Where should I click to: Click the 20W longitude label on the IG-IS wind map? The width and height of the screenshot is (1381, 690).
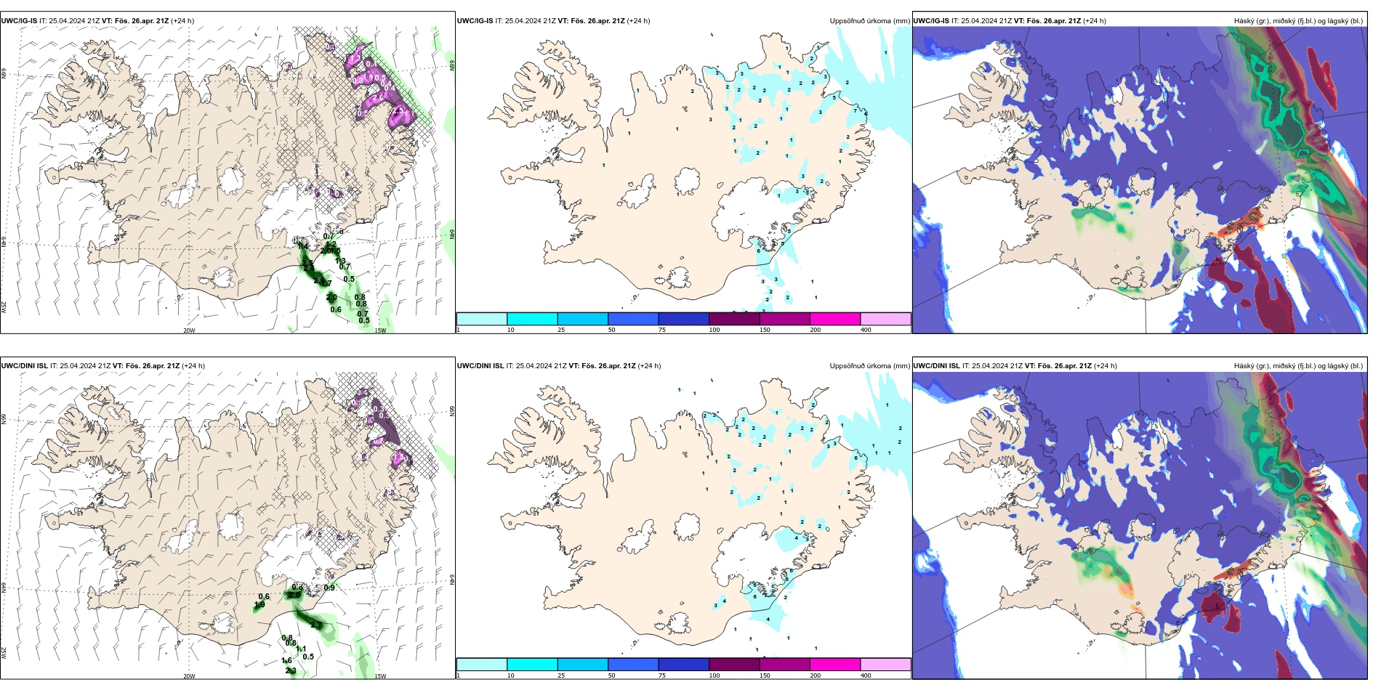[189, 330]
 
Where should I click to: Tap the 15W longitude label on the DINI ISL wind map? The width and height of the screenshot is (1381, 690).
[380, 676]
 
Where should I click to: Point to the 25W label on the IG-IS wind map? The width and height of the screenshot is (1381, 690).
[4, 307]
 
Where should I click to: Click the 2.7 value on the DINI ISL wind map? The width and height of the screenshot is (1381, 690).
[316, 625]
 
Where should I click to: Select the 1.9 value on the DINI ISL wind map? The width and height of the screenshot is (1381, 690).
[259, 605]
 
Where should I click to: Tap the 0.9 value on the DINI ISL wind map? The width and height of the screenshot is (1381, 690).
[329, 588]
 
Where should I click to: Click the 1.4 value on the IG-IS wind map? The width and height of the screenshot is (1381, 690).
[303, 246]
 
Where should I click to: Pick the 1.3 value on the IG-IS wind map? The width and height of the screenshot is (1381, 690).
[340, 261]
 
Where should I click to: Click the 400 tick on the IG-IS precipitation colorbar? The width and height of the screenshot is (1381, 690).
[866, 330]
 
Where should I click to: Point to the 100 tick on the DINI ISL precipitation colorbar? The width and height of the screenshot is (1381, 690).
[714, 675]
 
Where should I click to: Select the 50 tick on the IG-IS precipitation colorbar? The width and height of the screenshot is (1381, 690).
[611, 330]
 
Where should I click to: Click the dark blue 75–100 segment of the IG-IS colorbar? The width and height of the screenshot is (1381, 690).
[683, 319]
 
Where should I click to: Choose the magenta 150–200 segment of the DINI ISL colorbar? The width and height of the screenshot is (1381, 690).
[834, 665]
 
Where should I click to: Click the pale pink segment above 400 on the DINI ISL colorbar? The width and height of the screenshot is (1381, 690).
[885, 665]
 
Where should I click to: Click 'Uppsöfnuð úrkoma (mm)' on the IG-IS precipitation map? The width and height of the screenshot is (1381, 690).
[869, 21]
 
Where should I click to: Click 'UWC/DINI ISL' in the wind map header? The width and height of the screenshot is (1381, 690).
[24, 366]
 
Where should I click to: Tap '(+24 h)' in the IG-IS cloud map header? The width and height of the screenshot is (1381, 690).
[1094, 21]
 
